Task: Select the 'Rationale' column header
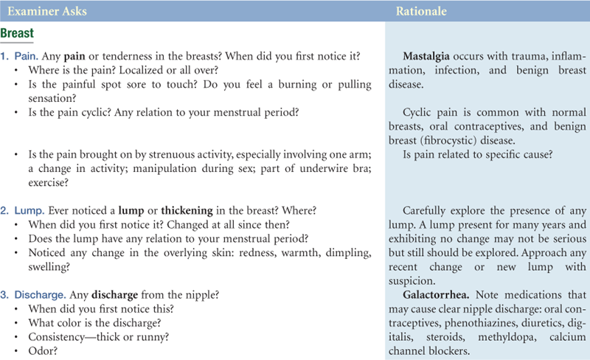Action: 420,12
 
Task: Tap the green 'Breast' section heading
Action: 18,34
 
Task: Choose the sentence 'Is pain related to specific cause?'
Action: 480,155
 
